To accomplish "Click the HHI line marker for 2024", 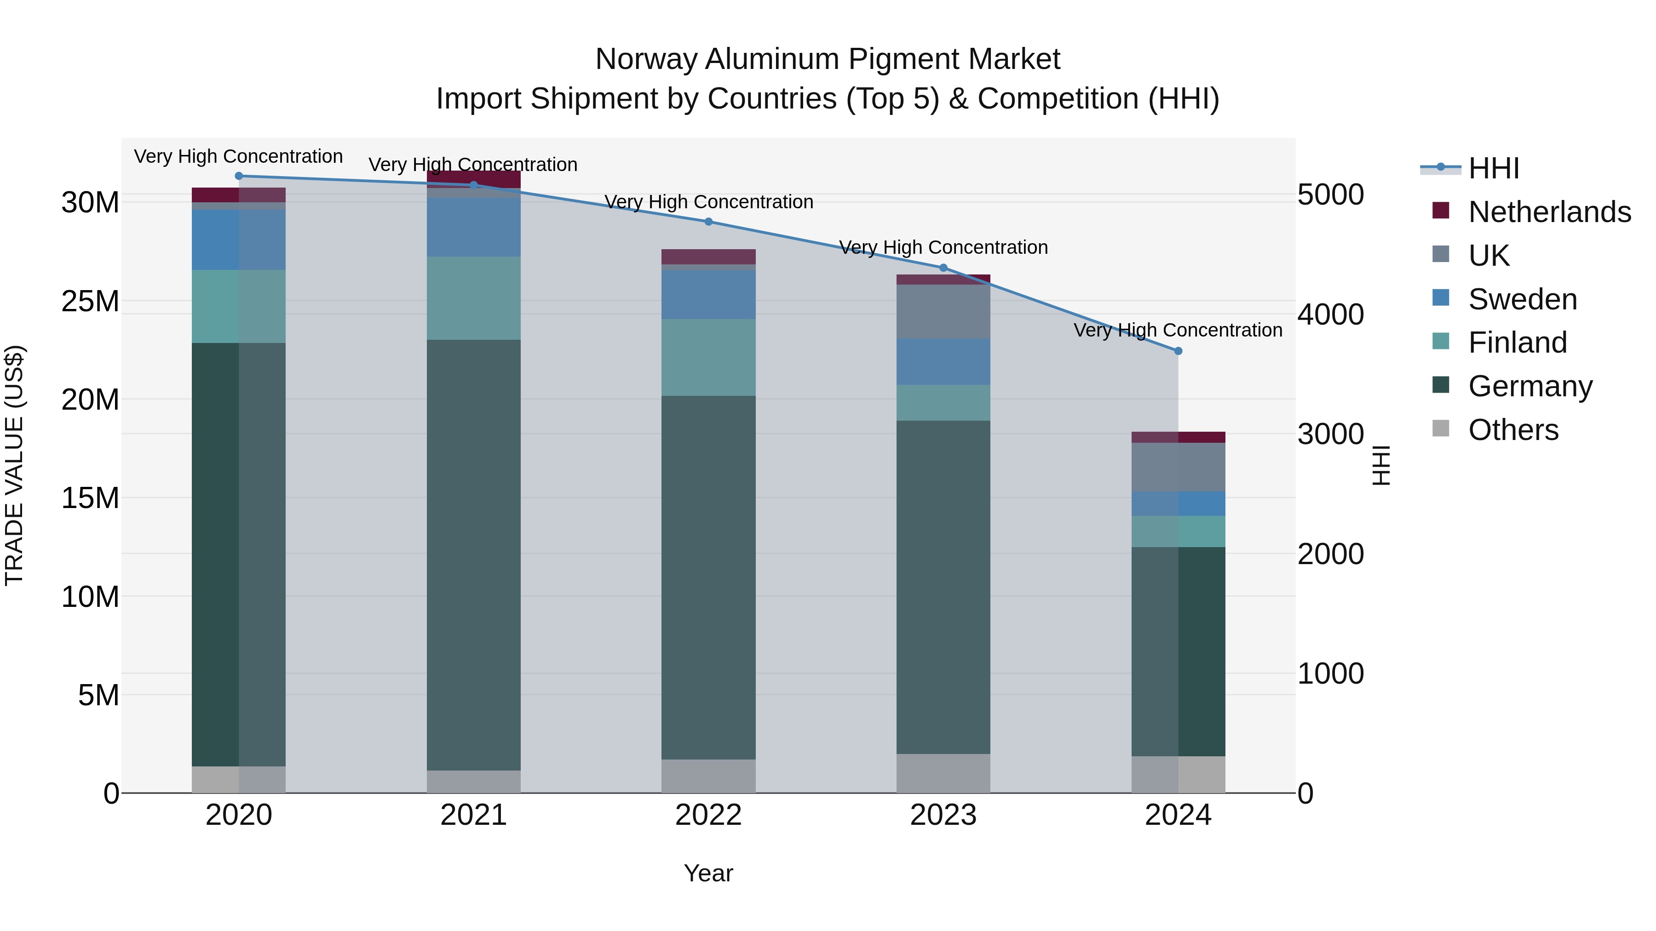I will pos(1178,351).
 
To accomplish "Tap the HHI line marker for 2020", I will pos(238,176).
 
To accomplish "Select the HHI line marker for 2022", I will pos(708,222).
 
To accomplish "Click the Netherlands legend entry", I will pos(1549,211).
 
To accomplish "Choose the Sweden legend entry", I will pos(1522,299).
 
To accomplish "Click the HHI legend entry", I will pos(1493,168).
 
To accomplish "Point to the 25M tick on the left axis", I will pos(90,301).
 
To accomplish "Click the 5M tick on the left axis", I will pos(98,695).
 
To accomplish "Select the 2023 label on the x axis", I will pos(943,815).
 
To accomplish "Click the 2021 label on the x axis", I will pos(473,815).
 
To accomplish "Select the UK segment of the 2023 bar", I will pos(943,312).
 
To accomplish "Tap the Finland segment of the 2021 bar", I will pos(473,298).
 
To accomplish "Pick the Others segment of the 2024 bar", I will pos(1178,774).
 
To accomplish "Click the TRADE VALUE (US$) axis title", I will pos(14,465).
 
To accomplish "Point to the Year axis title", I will pos(708,873).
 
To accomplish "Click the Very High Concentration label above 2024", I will pos(1178,330).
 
